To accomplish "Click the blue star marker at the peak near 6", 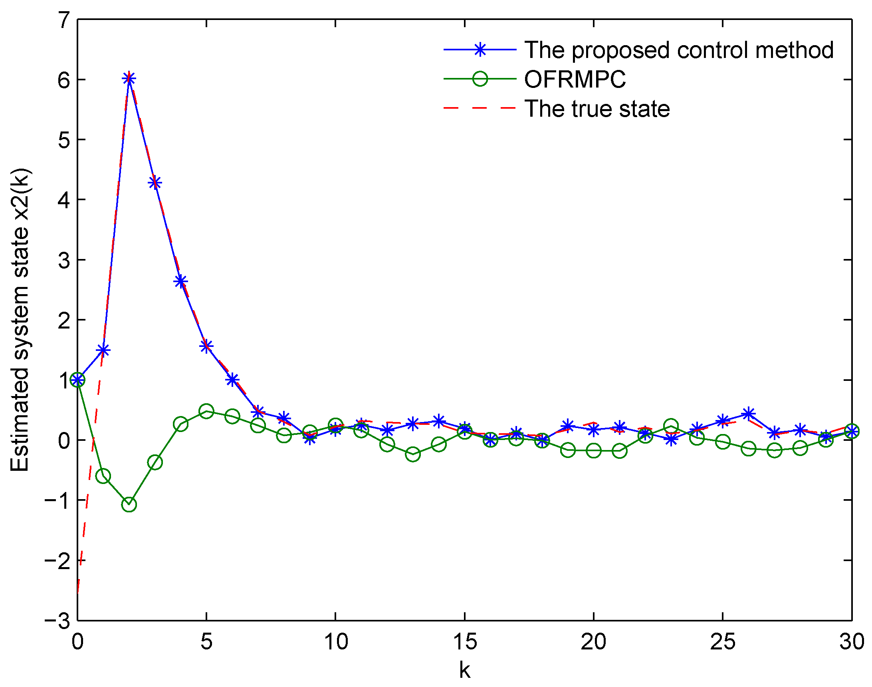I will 129,78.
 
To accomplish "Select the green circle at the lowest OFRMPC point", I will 129,504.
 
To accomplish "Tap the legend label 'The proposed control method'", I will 679,50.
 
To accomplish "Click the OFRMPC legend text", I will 575,79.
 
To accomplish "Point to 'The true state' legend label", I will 597,109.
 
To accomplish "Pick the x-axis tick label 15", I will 464,641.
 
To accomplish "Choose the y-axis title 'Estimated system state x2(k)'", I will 20,320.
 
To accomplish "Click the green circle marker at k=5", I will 206,411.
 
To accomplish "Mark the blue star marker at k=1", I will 103,350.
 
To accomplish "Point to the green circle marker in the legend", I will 480,79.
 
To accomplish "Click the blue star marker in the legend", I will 480,50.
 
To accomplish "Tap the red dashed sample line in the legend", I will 480,108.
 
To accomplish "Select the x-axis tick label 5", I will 206,641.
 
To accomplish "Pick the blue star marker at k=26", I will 748,414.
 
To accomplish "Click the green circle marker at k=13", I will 413,454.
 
